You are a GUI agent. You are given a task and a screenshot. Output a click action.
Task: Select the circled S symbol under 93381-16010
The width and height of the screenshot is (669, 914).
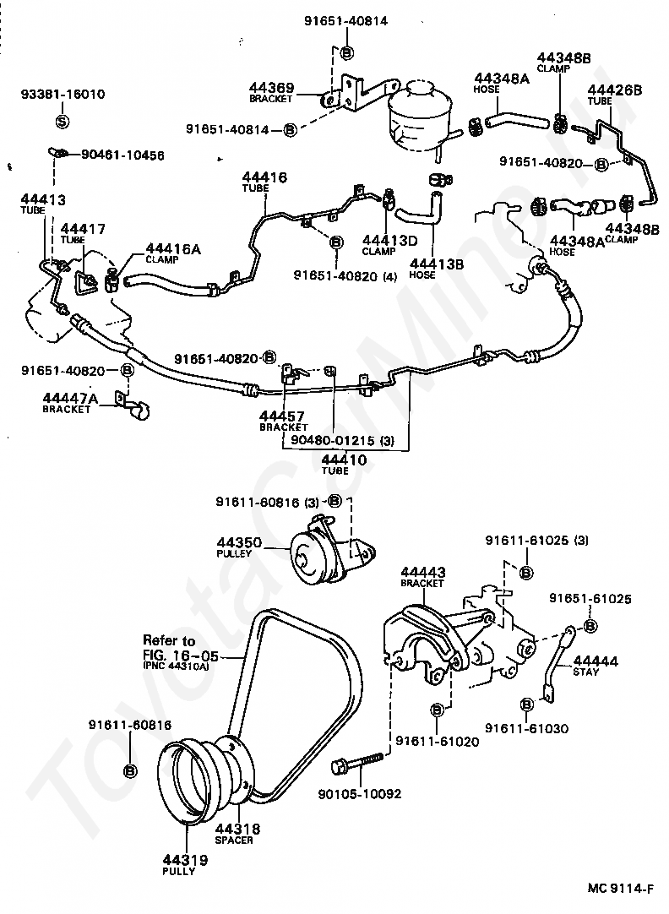click(x=63, y=122)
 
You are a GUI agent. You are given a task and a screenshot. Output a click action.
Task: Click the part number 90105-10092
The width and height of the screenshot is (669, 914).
click(x=360, y=794)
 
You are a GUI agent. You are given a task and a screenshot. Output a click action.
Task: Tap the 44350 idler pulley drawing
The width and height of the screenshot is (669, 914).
click(x=332, y=548)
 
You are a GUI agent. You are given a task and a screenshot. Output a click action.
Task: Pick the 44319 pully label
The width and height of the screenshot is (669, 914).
click(x=185, y=864)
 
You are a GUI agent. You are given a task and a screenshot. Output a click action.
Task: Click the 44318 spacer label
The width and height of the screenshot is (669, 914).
click(x=237, y=834)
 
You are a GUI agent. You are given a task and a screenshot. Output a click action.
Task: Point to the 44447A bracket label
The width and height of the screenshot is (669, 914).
click(x=70, y=402)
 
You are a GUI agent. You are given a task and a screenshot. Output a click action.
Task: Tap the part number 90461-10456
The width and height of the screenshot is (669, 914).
click(x=122, y=155)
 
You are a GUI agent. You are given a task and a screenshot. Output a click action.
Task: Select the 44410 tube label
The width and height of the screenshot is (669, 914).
click(x=344, y=464)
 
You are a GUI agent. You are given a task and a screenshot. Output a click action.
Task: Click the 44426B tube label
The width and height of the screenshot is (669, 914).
click(x=615, y=95)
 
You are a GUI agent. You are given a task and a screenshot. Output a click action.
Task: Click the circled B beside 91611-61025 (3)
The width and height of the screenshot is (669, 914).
click(x=525, y=573)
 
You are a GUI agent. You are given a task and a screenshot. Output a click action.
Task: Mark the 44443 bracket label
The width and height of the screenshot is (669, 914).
click(x=423, y=576)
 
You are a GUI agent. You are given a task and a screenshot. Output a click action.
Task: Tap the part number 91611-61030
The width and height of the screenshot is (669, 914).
click(x=527, y=728)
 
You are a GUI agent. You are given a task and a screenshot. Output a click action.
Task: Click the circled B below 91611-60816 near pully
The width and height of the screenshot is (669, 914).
click(x=130, y=771)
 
